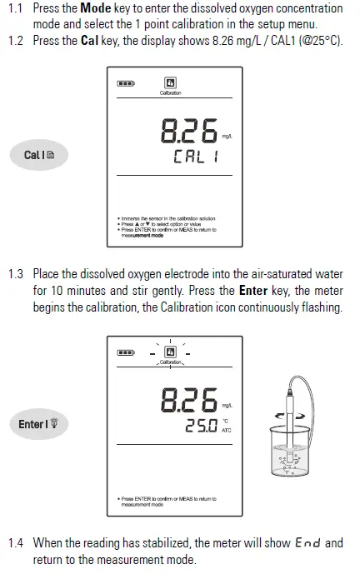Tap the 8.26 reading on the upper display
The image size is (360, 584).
187,132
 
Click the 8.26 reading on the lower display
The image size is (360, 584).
188,402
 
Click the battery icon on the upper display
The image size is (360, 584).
125,83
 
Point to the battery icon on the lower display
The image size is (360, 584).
125,352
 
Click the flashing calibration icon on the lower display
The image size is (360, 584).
170,352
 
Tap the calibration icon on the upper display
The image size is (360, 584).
170,83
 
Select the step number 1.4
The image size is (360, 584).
16,543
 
